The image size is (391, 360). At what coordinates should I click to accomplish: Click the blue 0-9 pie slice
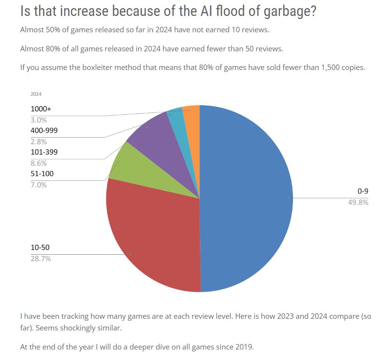click(245, 198)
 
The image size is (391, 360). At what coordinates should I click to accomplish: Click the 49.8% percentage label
click(358, 202)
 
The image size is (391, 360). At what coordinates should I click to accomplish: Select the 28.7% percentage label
click(41, 259)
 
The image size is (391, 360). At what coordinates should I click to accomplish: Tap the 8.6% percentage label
click(39, 163)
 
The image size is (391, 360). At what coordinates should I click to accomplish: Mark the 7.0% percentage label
click(39, 185)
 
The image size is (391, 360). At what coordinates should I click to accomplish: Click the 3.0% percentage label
click(39, 120)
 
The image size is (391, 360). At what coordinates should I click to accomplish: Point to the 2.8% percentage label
click(39, 142)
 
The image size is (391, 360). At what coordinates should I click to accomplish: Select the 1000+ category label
click(41, 109)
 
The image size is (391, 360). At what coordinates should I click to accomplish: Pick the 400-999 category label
click(44, 131)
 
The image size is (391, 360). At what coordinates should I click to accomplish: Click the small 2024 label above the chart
click(36, 94)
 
